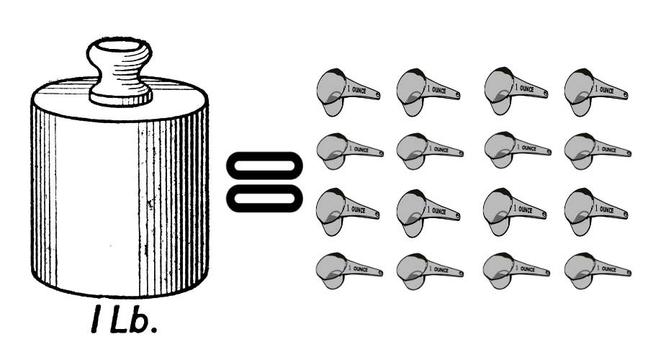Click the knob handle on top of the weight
coord(120,71)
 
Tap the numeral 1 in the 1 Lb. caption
coord(96,319)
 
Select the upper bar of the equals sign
coord(264,166)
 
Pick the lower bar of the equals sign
coord(264,199)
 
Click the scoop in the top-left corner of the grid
coord(348,91)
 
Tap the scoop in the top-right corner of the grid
coord(596,91)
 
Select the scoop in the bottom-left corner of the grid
coord(349,271)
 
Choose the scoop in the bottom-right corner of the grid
coord(598,271)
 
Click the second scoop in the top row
coord(428,91)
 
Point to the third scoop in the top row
coord(516,91)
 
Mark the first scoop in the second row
coord(350,151)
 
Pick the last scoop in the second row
coord(598,151)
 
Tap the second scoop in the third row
coord(428,212)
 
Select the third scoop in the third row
coord(515,212)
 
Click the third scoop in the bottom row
coord(516,271)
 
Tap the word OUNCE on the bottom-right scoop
coord(608,269)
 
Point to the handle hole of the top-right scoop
coord(625,95)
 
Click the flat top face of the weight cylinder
coord(120,99)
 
